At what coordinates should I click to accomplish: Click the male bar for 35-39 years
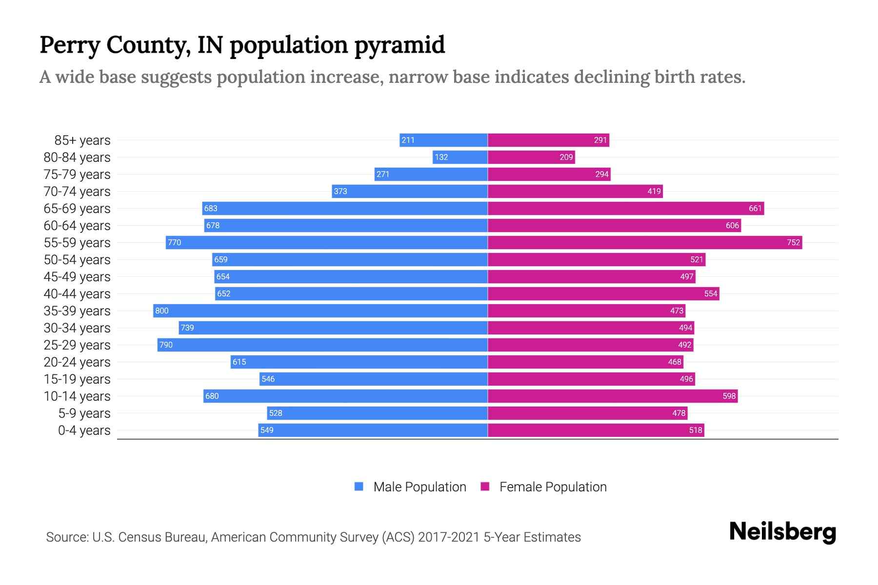320,311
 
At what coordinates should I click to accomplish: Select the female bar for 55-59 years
645,243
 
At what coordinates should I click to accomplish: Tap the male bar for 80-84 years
460,157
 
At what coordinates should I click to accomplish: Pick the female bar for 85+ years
548,140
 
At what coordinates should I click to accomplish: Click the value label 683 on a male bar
211,209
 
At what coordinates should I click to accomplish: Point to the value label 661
755,209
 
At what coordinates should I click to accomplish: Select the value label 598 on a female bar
729,396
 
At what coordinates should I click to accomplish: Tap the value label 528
276,413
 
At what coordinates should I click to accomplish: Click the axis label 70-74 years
77,192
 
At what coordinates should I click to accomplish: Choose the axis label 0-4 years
84,430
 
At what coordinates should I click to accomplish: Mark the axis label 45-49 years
77,277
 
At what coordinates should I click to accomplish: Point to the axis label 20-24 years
77,362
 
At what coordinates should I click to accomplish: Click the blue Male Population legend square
359,487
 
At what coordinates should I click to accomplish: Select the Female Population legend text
553,487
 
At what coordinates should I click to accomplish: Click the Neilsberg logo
782,532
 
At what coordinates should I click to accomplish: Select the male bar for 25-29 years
322,345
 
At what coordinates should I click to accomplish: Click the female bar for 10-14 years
613,396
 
